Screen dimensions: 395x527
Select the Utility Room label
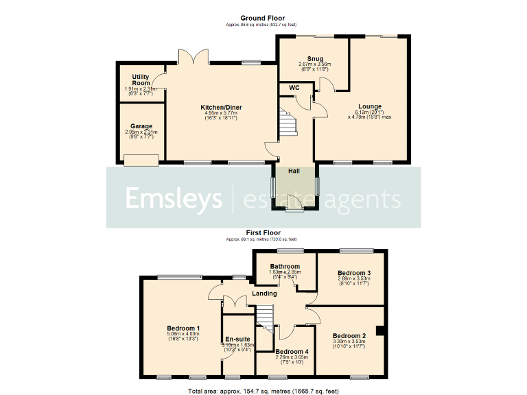click(141, 80)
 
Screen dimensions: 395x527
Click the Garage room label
click(141, 127)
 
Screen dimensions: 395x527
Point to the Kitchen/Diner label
click(221, 108)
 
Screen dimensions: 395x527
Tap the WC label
click(294, 88)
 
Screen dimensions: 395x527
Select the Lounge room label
click(370, 106)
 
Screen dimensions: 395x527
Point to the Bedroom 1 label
click(183, 328)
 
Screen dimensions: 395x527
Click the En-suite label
click(237, 339)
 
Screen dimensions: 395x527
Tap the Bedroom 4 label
click(283, 351)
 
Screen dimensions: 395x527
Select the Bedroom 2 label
click(349, 335)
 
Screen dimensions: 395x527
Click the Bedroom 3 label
click(354, 273)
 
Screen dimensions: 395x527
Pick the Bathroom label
click(284, 266)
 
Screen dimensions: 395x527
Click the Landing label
click(265, 294)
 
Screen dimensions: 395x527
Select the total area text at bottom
click(263, 390)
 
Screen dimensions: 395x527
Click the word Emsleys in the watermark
click(173, 198)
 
